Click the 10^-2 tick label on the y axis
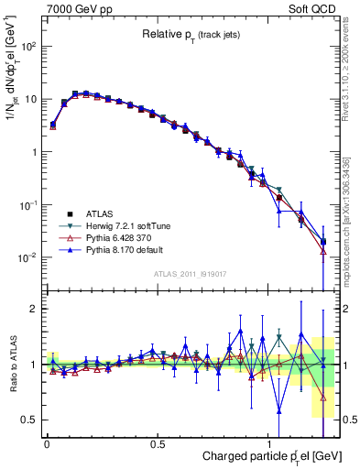click(26, 257)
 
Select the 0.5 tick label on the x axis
click(158, 442)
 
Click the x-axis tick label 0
click(47, 442)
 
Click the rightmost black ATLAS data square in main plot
click(323, 242)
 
